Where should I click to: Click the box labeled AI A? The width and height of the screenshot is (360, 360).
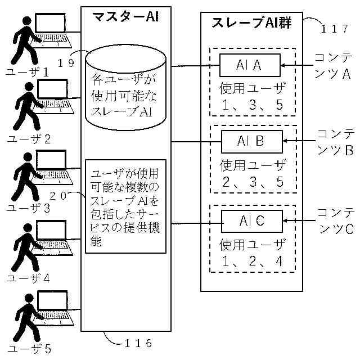pyautogui.click(x=250, y=65)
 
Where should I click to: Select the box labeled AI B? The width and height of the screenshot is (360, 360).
pyautogui.click(x=251, y=141)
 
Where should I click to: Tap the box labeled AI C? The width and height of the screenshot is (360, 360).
pyautogui.click(x=251, y=221)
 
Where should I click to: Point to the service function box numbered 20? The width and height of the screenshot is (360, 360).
pyautogui.click(x=125, y=206)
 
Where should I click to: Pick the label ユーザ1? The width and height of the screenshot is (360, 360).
pyautogui.click(x=27, y=71)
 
